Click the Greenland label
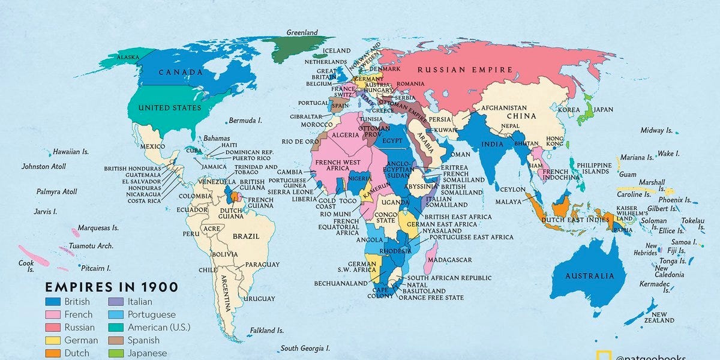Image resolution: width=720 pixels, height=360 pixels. (x=302, y=32)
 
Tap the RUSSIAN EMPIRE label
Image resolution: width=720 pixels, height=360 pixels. (x=465, y=70)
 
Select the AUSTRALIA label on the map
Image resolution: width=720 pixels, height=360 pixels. (x=590, y=276)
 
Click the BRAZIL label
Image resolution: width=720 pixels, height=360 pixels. (x=247, y=236)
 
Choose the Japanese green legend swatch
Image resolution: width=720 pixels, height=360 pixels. (x=116, y=353)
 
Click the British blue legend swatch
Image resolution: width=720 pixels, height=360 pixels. (x=53, y=302)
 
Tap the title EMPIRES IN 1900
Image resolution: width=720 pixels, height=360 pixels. (x=112, y=287)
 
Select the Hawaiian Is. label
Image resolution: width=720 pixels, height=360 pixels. (x=71, y=152)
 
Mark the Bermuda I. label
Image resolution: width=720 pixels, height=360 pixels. (x=245, y=121)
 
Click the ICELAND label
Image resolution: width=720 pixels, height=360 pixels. (x=336, y=50)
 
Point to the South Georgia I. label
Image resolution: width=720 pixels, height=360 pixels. (x=305, y=349)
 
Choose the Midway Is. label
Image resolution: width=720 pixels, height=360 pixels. (x=656, y=130)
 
